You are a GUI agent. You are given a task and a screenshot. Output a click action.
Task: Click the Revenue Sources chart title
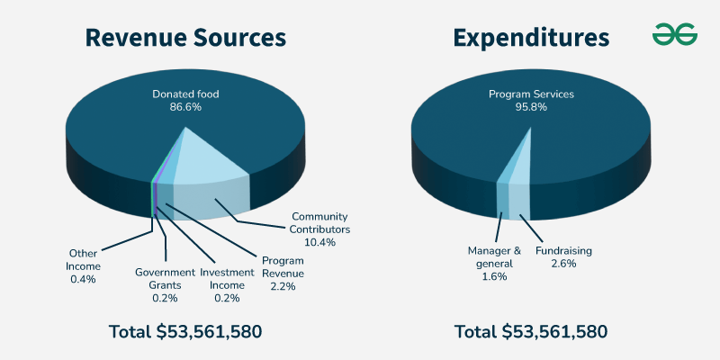[185, 37]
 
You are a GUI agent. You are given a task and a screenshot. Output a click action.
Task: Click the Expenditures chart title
[531, 37]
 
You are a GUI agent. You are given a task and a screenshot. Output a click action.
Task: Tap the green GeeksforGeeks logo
[674, 34]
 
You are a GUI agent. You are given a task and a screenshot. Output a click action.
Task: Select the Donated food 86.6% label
[185, 100]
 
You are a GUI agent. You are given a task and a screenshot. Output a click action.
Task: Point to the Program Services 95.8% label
[531, 100]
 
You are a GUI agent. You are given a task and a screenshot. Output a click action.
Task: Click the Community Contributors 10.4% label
[320, 229]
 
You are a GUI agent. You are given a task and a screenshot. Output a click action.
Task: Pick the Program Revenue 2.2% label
[283, 273]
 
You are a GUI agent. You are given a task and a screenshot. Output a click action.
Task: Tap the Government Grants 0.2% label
[165, 279]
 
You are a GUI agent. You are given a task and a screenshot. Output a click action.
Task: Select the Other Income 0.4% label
[85, 265]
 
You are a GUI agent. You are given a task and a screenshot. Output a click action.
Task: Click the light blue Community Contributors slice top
[209, 162]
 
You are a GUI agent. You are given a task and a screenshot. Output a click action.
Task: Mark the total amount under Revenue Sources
[185, 331]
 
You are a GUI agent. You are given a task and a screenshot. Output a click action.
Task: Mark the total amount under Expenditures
[531, 331]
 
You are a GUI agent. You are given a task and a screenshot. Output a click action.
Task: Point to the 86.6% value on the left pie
[185, 107]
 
